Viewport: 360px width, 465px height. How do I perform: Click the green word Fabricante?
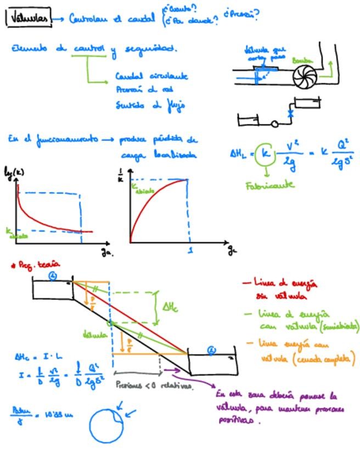[269, 185]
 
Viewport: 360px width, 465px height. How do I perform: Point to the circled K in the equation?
[265, 154]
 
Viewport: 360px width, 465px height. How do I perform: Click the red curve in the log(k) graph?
[38, 217]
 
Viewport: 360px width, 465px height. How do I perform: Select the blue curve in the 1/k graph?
[148, 203]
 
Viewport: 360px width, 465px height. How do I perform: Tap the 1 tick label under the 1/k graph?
[190, 251]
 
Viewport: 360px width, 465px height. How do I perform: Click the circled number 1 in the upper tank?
[53, 277]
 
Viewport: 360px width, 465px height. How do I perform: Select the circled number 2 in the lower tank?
[212, 350]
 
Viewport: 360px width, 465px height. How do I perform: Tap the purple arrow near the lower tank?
[172, 370]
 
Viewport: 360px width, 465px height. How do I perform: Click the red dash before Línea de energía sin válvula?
[246, 283]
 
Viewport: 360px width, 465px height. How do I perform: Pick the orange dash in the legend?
[250, 344]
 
